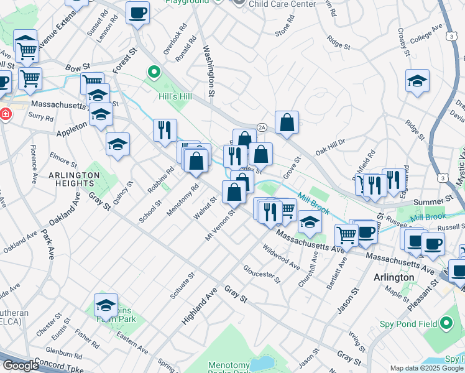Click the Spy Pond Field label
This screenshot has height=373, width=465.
pos(405,323)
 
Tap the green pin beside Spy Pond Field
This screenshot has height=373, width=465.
pos(446,323)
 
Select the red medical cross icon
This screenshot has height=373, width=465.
pos(5,115)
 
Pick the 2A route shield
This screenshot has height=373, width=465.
pos(262,126)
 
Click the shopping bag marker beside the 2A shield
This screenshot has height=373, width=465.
pos(287,123)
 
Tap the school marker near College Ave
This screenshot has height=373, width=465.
pos(418,81)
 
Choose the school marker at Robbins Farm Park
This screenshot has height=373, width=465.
pos(106,306)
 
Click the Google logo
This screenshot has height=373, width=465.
pos(21,366)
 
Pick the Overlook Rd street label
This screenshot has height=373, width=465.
pos(180,36)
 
